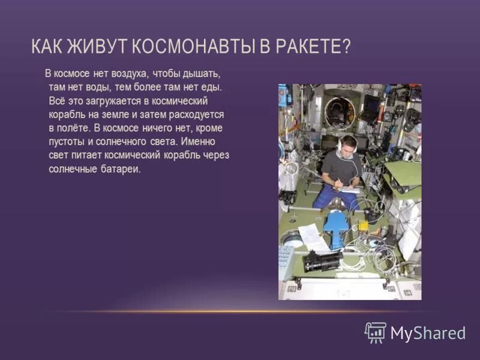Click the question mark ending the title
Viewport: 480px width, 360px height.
[x=345, y=46]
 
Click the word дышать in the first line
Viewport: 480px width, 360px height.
[x=203, y=74]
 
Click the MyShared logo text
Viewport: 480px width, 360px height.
[x=428, y=333]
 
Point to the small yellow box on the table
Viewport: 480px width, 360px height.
[x=363, y=226]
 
